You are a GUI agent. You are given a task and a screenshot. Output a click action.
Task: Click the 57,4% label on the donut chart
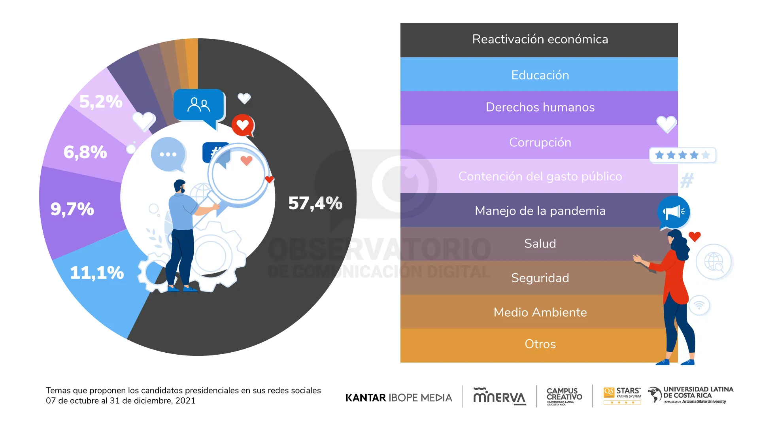click(x=315, y=203)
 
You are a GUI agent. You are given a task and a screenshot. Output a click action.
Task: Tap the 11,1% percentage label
click(x=97, y=273)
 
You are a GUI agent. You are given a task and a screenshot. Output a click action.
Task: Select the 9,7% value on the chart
click(x=72, y=209)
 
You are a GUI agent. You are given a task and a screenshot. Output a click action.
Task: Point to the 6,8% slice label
click(x=85, y=152)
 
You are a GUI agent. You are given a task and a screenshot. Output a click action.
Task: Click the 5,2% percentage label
click(x=101, y=102)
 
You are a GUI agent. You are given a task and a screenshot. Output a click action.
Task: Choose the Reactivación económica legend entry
click(x=540, y=40)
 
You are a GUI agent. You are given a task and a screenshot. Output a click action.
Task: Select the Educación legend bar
click(x=540, y=75)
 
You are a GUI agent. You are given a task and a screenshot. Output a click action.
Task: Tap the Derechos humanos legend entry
click(x=540, y=108)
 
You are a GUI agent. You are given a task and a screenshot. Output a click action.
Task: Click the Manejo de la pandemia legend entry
click(x=540, y=211)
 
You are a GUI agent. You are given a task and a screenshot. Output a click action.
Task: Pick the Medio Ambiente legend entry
click(x=540, y=312)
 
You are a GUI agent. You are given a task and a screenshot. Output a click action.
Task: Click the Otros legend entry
click(x=540, y=344)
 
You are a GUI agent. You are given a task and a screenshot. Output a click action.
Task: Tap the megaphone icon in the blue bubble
click(x=674, y=212)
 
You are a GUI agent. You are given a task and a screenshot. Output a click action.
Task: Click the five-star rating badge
click(x=682, y=155)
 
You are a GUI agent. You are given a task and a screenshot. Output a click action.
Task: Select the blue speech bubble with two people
click(x=199, y=105)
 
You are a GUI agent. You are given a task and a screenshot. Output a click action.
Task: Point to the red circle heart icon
click(x=242, y=125)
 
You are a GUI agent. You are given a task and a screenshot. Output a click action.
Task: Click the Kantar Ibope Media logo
click(x=398, y=397)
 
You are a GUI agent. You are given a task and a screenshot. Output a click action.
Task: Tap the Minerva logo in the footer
click(x=499, y=396)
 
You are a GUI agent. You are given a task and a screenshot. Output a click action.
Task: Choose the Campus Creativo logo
click(x=564, y=396)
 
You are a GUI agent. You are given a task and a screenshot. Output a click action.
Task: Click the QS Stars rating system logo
click(x=622, y=395)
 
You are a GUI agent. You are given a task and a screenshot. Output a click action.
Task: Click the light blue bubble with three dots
click(x=168, y=154)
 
